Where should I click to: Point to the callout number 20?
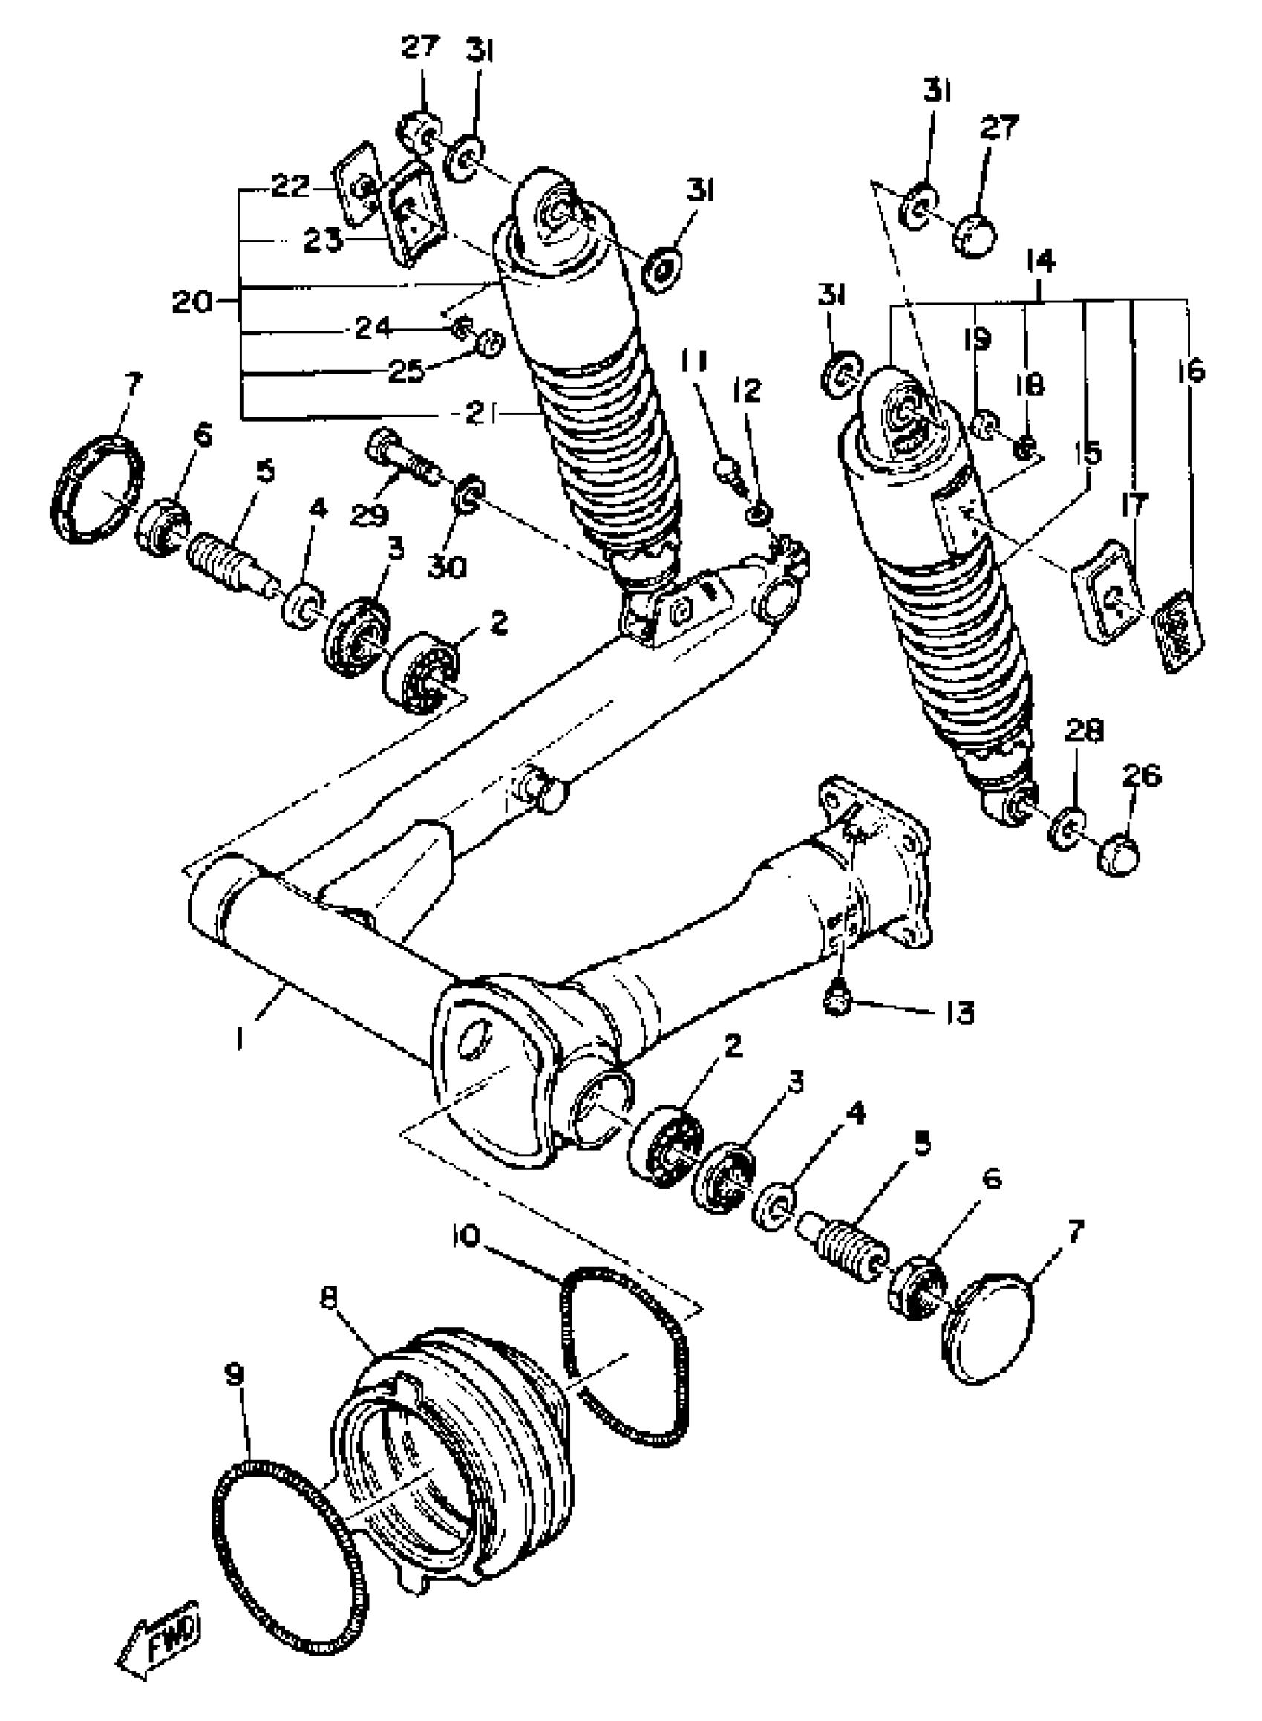pyautogui.click(x=192, y=302)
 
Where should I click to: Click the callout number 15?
pyautogui.click(x=1088, y=454)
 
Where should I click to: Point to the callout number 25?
pyautogui.click(x=405, y=371)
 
